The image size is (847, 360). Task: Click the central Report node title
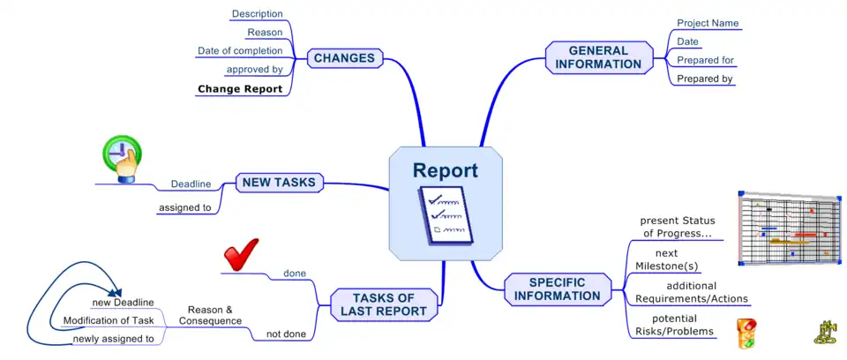tap(446, 170)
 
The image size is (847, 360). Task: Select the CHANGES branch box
tap(345, 59)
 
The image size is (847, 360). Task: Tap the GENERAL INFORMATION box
tap(598, 57)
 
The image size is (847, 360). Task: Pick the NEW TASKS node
tap(279, 183)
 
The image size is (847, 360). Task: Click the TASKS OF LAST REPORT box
tap(384, 304)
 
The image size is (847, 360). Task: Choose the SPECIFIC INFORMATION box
tap(557, 289)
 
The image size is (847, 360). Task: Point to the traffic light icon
tap(746, 332)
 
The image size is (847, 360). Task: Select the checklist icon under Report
tap(445, 214)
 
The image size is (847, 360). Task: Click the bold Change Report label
tap(240, 89)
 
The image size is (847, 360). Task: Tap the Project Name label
tap(708, 23)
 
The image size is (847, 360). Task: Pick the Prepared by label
tap(705, 79)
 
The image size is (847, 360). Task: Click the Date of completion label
tap(240, 51)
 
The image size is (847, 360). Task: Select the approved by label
tap(254, 70)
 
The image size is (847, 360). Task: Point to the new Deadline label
tap(123, 303)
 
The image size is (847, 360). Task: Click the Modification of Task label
tap(109, 320)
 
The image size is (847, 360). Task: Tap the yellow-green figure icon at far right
tap(824, 332)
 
